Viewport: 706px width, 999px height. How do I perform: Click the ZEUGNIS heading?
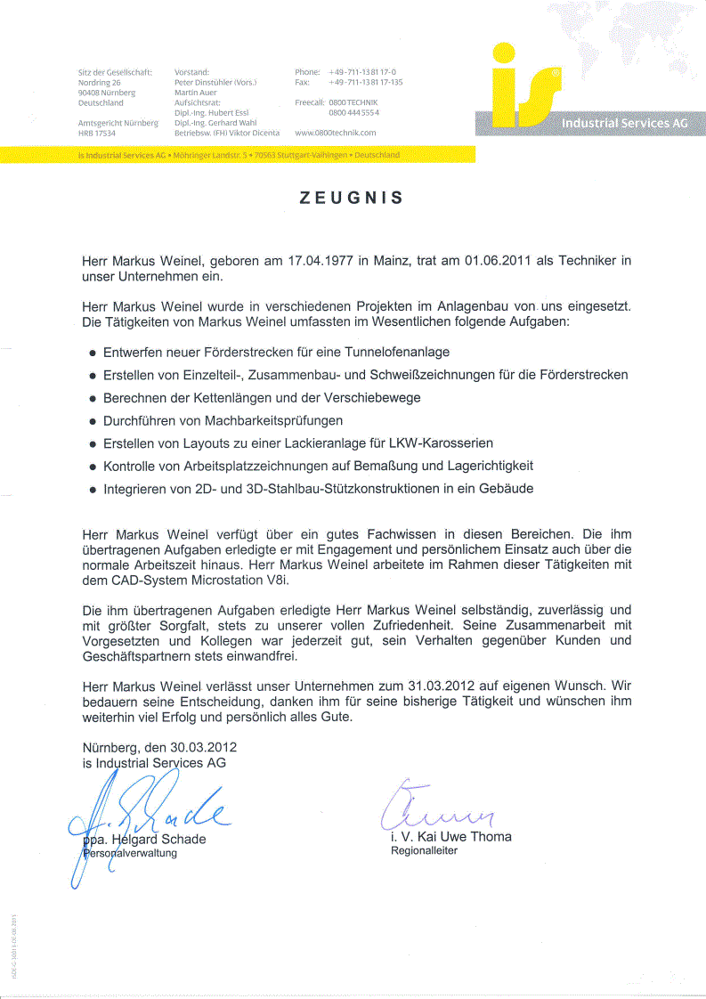[x=353, y=198]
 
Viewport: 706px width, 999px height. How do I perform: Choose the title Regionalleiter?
[x=424, y=851]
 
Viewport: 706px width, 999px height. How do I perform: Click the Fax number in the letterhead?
[x=365, y=82]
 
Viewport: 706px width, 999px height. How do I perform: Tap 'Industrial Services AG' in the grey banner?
[x=624, y=123]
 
